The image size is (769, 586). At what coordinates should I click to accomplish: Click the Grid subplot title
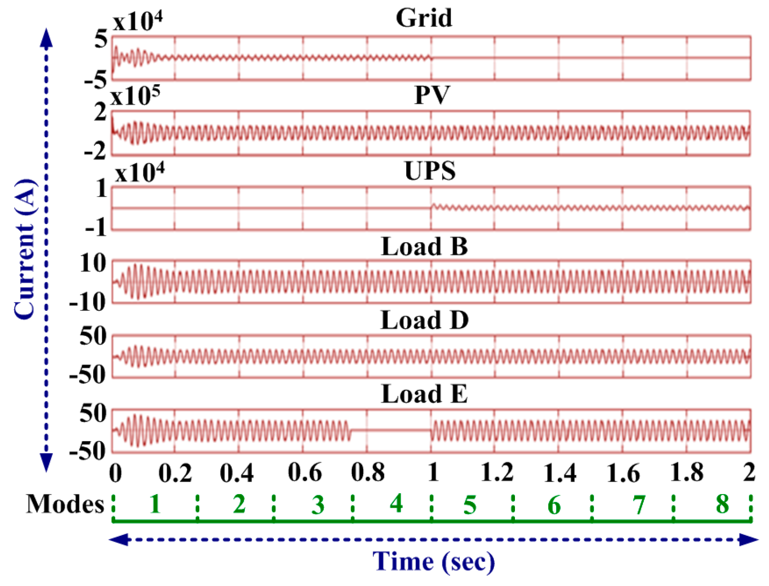click(x=424, y=18)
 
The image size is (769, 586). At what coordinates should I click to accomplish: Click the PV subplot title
click(x=432, y=95)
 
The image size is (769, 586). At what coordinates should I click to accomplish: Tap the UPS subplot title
click(x=430, y=171)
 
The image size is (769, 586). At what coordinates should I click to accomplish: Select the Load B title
click(x=424, y=246)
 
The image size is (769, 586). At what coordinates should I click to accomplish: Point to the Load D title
click(x=424, y=320)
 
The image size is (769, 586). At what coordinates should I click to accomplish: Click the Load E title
click(x=424, y=394)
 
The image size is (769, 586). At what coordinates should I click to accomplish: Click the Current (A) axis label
click(x=25, y=249)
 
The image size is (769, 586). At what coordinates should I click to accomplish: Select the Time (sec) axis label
click(x=433, y=562)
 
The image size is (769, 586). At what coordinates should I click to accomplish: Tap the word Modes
click(x=65, y=505)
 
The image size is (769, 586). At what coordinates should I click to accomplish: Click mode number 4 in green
click(x=396, y=504)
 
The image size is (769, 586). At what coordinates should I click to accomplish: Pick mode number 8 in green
click(x=722, y=505)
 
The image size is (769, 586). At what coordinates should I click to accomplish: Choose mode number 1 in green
click(x=155, y=505)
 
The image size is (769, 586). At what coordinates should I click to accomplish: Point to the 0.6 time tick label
click(x=305, y=472)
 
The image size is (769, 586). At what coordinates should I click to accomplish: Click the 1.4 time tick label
click(x=560, y=472)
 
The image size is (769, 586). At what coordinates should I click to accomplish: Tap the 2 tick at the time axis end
click(x=748, y=472)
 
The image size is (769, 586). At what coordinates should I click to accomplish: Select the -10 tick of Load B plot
click(x=87, y=302)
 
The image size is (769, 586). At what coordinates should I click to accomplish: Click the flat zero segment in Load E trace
click(x=391, y=430)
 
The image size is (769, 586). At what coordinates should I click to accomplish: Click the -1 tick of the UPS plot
click(x=95, y=227)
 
